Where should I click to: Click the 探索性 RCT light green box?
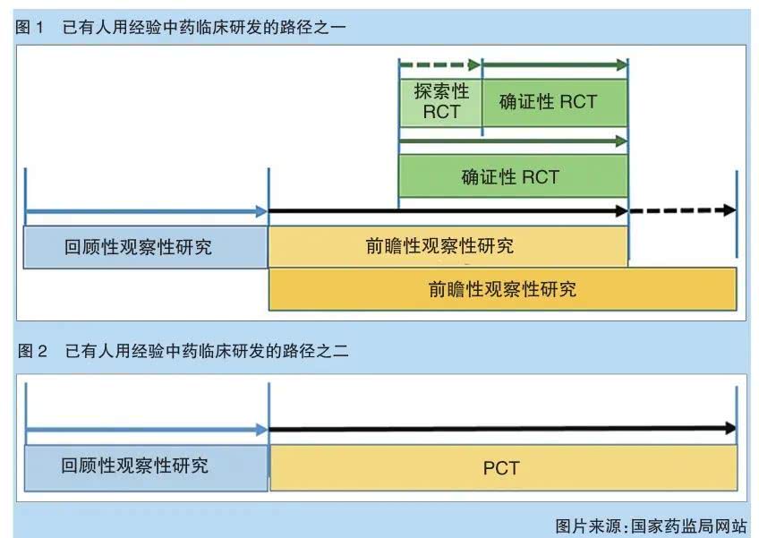(x=439, y=101)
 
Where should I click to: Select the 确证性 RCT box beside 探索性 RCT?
(x=554, y=101)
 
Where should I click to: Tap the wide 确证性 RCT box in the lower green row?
(x=512, y=176)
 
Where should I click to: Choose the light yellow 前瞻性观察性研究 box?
(x=448, y=246)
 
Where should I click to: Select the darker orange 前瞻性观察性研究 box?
(x=502, y=289)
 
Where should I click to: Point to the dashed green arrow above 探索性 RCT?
(x=439, y=64)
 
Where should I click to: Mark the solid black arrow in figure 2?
(x=502, y=431)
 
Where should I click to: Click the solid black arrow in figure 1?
(x=448, y=211)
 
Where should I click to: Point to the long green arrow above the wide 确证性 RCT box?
(x=512, y=141)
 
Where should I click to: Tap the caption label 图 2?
(x=32, y=351)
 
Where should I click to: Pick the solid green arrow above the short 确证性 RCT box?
(x=554, y=64)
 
